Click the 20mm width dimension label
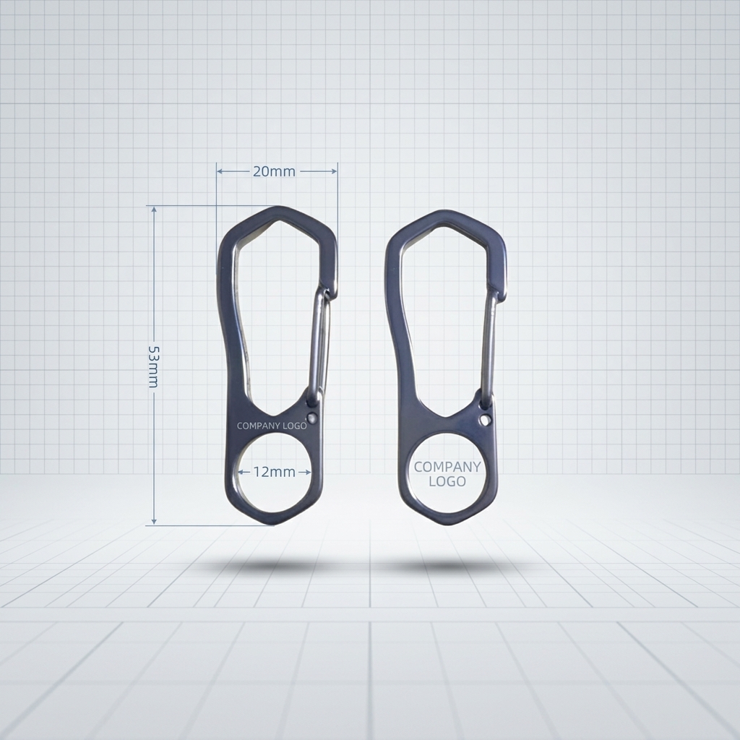(x=274, y=171)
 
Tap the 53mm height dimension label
(x=154, y=366)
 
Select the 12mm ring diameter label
(x=274, y=471)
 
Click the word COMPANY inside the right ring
(x=447, y=467)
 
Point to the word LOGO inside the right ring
(x=447, y=481)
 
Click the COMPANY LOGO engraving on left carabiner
(x=272, y=426)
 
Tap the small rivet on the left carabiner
(x=311, y=417)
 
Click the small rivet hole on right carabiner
(x=484, y=419)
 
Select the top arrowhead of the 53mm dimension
(x=154, y=210)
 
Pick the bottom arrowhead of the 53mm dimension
(x=154, y=521)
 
